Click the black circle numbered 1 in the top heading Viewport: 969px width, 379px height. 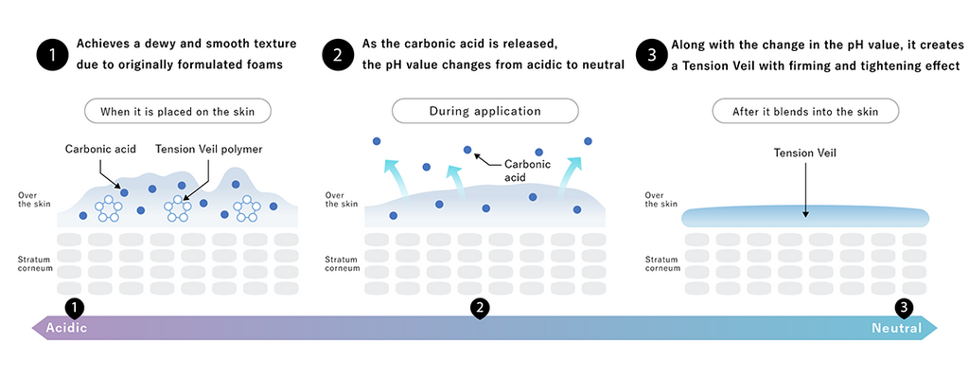53,55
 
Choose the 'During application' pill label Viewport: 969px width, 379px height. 484,111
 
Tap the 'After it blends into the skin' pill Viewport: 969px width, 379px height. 804,111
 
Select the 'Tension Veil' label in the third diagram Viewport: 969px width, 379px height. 804,152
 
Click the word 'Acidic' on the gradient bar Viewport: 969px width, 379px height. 67,328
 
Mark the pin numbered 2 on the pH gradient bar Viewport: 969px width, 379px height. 481,308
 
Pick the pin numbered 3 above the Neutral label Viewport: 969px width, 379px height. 905,308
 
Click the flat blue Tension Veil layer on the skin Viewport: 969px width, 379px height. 804,217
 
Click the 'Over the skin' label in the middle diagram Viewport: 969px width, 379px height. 342,200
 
